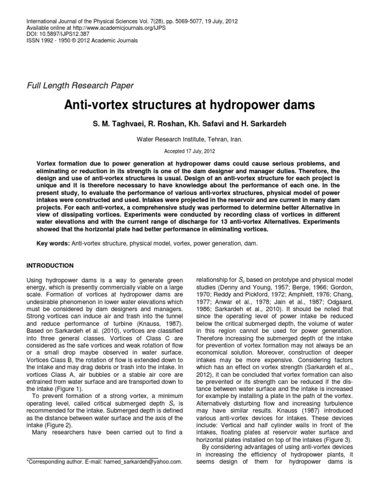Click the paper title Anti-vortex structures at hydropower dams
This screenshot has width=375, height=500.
(x=187, y=105)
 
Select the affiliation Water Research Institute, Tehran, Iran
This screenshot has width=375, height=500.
(x=187, y=139)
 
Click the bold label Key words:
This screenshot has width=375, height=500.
(x=53, y=243)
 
